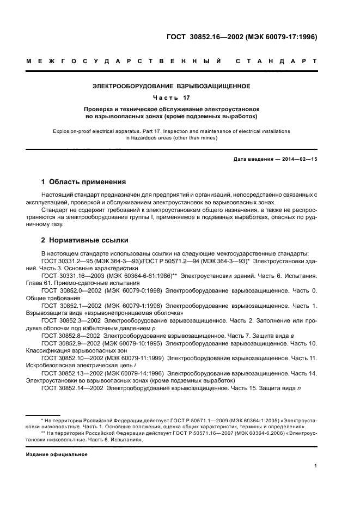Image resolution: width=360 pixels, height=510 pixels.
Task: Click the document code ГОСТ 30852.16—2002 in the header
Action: [202, 37]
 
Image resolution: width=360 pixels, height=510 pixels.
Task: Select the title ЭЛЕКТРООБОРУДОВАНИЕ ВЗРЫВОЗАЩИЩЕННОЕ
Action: [171, 86]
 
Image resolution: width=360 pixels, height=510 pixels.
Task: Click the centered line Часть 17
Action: [171, 98]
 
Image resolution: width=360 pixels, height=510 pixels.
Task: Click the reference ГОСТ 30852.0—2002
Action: [69, 291]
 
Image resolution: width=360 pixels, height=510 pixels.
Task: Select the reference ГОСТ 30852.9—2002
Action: [69, 343]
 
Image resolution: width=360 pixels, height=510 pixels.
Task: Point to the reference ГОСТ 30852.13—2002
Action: [71, 373]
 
